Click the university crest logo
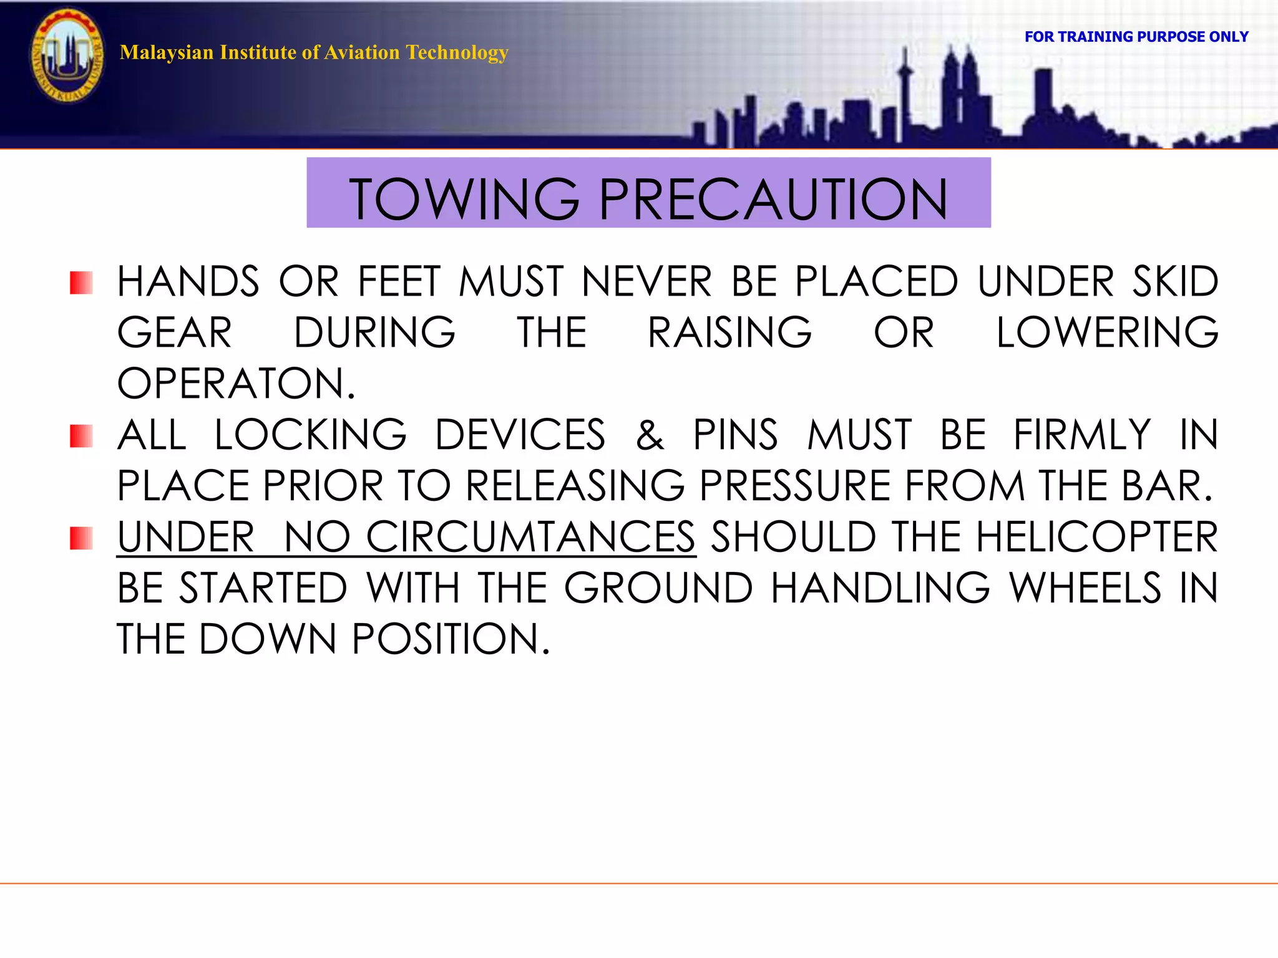click(67, 56)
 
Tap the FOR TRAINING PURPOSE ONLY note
click(1136, 37)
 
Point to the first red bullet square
click(81, 283)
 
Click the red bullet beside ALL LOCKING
click(81, 436)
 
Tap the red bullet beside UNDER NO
click(81, 538)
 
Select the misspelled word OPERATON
click(236, 384)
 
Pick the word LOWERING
click(1106, 332)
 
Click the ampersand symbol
click(650, 435)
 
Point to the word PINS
click(735, 435)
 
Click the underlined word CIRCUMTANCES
click(530, 537)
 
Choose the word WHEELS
click(1085, 588)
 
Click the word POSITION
click(451, 639)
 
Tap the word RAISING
click(729, 332)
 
